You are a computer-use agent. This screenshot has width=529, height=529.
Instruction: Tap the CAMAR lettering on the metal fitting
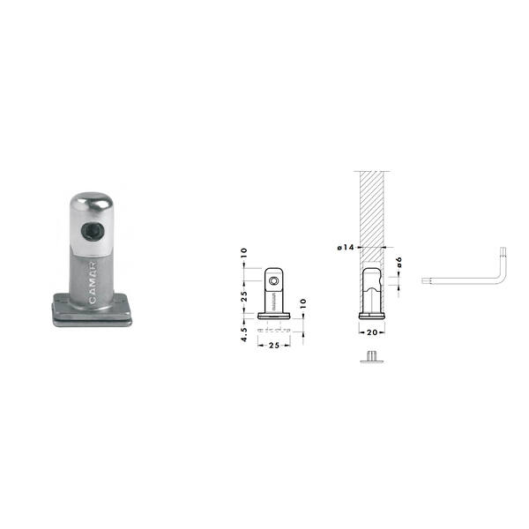coord(93,282)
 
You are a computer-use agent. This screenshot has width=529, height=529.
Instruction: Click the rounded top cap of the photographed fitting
coord(92,203)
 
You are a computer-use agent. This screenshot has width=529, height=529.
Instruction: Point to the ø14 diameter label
coord(346,247)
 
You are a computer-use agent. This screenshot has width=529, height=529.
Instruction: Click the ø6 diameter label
coord(399,262)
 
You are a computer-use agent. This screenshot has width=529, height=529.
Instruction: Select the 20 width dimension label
coord(372,332)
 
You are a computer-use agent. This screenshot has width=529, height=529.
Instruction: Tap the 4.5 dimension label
coord(244,334)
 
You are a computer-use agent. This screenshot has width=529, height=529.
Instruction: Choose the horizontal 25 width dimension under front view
coord(274,345)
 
